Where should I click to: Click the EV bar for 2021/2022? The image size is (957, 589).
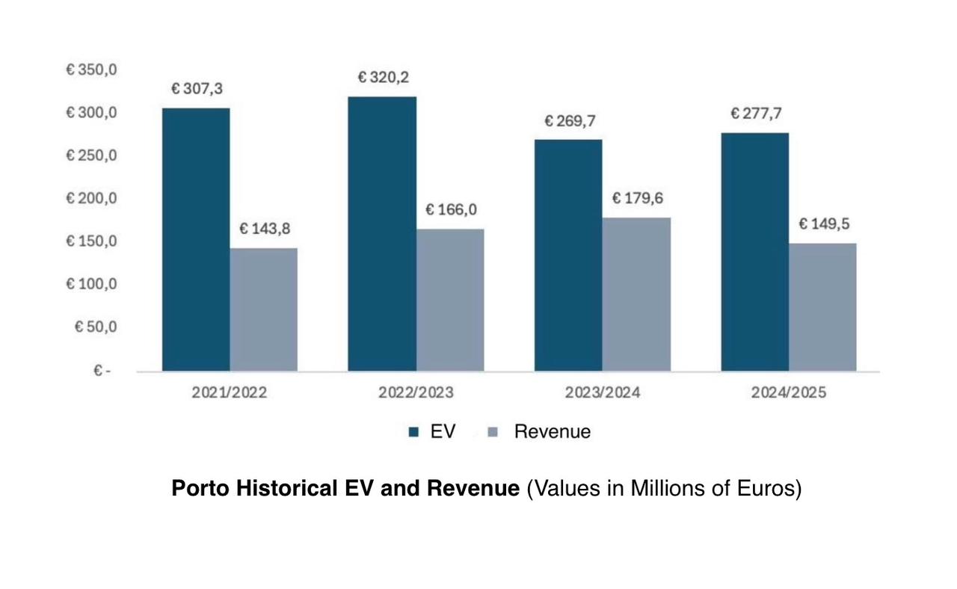click(196, 239)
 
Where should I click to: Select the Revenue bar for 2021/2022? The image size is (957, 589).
click(263, 309)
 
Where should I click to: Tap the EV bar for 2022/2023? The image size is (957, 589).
click(382, 233)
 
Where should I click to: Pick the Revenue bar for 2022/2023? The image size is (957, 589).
click(450, 300)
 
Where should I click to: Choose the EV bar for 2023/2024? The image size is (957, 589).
click(568, 255)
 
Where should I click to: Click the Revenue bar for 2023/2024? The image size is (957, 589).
click(636, 294)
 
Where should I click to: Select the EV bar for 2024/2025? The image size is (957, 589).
click(754, 251)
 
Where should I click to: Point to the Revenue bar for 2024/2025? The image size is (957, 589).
click(822, 307)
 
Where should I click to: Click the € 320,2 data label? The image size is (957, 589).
click(383, 77)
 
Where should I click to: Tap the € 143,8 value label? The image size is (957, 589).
click(265, 229)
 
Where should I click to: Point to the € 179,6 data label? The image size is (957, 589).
click(638, 198)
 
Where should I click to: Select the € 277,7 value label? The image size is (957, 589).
click(756, 114)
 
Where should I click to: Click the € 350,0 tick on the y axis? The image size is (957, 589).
click(92, 70)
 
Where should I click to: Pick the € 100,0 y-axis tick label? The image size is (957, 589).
click(92, 284)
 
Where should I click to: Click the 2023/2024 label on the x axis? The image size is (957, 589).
click(603, 392)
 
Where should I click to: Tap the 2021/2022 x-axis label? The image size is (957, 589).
click(229, 392)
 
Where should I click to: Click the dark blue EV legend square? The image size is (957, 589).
click(413, 432)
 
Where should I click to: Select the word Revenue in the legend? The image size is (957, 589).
click(552, 431)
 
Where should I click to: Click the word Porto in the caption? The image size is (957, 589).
click(200, 489)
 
